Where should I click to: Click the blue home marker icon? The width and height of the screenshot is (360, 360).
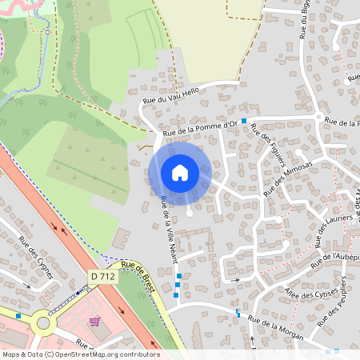(x=180, y=172)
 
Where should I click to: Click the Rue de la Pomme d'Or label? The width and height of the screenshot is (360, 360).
(x=200, y=128)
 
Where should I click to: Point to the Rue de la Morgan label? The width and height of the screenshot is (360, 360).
(x=275, y=329)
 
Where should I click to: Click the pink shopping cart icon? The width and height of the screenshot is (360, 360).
(x=96, y=322)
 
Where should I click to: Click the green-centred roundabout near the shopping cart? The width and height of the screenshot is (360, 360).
(x=42, y=324)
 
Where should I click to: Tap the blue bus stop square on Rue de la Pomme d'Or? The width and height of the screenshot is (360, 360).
(x=243, y=120)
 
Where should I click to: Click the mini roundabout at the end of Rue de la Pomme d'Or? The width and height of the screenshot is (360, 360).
(x=318, y=117)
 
